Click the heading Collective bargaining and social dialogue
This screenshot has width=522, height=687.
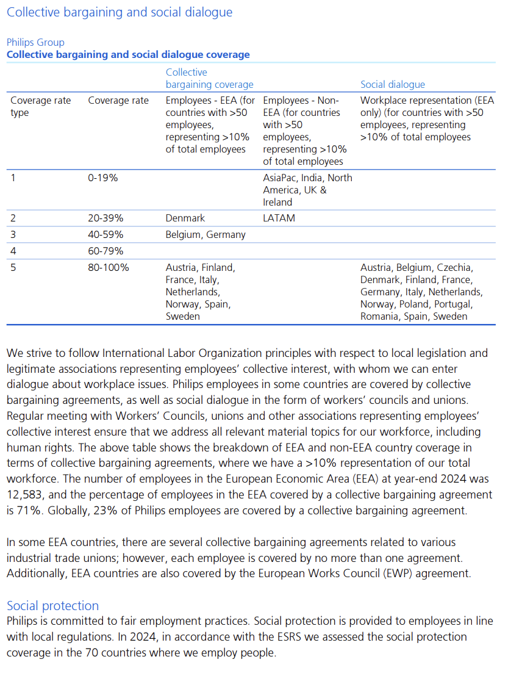120,12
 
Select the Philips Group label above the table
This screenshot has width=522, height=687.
35,42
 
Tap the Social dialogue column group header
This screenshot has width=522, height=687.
393,84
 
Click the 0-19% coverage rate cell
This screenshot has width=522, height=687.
103,178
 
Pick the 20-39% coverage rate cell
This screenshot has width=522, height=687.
106,218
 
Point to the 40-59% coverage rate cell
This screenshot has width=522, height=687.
106,234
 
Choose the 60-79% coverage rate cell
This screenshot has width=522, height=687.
106,251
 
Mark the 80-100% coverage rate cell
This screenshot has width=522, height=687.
109,267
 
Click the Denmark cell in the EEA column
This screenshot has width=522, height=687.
185,218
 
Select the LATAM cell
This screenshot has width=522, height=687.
279,218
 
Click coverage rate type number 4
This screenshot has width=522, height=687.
13,251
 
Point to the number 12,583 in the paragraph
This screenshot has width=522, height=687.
26,495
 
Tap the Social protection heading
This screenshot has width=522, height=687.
52,605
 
